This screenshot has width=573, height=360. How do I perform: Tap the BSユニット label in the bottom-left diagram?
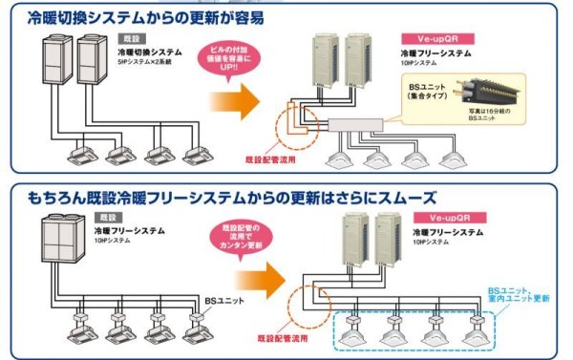[x=219, y=299]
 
